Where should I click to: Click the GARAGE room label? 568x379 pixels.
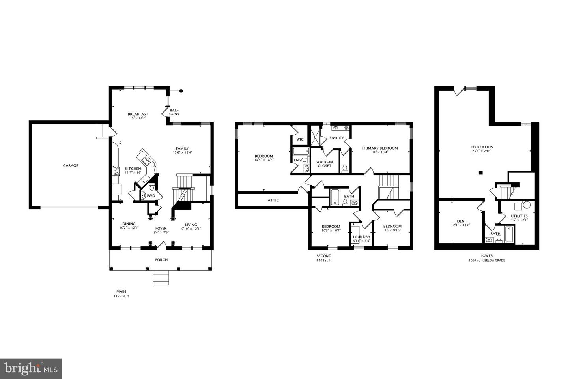tap(71, 166)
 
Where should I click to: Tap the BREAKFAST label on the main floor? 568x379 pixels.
tap(138, 114)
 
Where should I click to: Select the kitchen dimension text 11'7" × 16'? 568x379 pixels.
tap(133, 173)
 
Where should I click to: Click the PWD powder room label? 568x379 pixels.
tap(151, 195)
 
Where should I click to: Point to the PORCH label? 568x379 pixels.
tap(161, 260)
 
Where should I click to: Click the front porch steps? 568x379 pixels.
tap(161, 278)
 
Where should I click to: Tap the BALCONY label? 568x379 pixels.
tap(174, 112)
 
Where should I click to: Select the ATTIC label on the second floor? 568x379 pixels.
tap(273, 200)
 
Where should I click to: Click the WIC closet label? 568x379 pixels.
tap(300, 139)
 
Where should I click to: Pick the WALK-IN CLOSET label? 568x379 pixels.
tap(325, 164)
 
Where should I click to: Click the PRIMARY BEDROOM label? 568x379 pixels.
tap(380, 148)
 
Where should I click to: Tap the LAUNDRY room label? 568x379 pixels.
tap(362, 237)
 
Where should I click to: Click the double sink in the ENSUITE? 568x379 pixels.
tap(340, 128)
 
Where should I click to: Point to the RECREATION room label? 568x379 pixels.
tap(482, 147)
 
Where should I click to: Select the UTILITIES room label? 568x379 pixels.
tap(519, 216)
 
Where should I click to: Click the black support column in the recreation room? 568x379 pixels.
tap(480, 172)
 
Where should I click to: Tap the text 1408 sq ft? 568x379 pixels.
tap(324, 261)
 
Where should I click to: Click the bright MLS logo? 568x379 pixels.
tap(31, 369)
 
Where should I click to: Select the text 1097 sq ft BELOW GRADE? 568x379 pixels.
tap(486, 261)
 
